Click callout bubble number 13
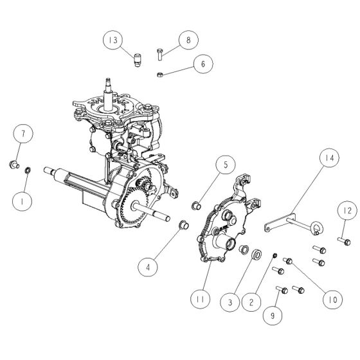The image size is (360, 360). pos(114,40)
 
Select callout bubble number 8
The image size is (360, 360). pos(188,40)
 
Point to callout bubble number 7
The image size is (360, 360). pos(23,134)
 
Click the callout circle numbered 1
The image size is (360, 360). pos(23,201)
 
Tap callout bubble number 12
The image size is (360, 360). pos(345,210)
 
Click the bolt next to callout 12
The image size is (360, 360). pos(345,241)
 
